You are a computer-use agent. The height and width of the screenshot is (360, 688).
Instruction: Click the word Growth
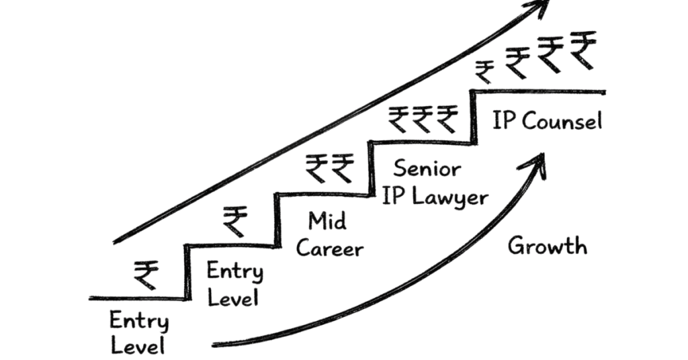coord(547,246)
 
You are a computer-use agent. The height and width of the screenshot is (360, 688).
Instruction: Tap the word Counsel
coord(562,121)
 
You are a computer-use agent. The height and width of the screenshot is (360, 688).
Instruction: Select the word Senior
coord(427,168)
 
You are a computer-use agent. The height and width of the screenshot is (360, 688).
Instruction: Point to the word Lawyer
coord(450,197)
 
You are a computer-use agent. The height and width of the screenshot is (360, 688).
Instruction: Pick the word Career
coord(329,249)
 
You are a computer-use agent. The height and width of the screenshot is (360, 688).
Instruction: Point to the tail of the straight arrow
coord(116,241)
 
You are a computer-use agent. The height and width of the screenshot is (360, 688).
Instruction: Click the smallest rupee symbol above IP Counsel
coord(485,70)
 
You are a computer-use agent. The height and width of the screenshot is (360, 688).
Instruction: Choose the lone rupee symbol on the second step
coord(234,220)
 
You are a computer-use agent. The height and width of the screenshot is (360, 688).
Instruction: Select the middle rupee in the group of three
coord(422,118)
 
